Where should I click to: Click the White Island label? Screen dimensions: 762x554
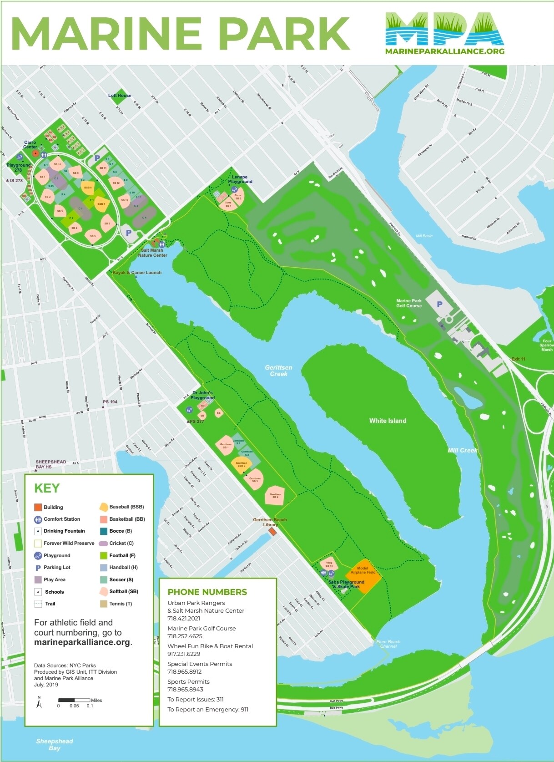click(388, 421)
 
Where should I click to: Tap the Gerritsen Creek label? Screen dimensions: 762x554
click(278, 371)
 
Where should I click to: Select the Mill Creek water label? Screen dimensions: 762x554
click(462, 450)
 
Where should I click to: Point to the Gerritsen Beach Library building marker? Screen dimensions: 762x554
click(272, 532)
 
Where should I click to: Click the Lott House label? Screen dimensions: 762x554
click(120, 96)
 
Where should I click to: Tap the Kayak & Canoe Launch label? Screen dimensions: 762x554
click(137, 273)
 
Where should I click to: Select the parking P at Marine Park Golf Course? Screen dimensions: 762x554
click(439, 304)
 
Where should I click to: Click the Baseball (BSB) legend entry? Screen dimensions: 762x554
click(126, 507)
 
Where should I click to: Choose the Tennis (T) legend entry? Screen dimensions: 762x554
click(120, 604)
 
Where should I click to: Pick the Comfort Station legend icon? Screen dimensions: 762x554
click(38, 519)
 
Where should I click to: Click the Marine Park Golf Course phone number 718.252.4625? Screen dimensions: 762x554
click(185, 636)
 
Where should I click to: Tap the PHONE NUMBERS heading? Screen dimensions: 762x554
click(207, 592)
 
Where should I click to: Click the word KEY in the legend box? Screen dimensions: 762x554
click(47, 488)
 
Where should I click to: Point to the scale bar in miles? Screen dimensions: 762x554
click(74, 700)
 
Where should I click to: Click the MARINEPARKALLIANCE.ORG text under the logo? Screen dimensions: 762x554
click(444, 51)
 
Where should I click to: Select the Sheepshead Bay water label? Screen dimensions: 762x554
click(55, 745)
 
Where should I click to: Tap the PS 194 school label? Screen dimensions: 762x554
click(110, 402)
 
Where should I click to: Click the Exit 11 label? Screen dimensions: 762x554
click(518, 359)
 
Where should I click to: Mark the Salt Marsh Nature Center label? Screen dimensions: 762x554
click(152, 253)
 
